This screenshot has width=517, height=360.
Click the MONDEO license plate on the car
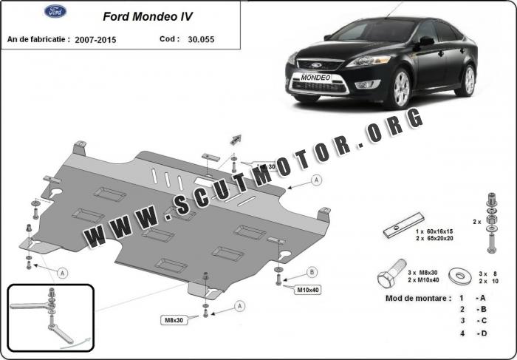pos(316,77)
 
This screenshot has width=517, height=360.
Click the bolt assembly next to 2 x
pos(490,220)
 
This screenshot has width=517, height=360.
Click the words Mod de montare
pos(418,298)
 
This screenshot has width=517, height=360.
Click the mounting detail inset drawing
pos(51,317)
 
